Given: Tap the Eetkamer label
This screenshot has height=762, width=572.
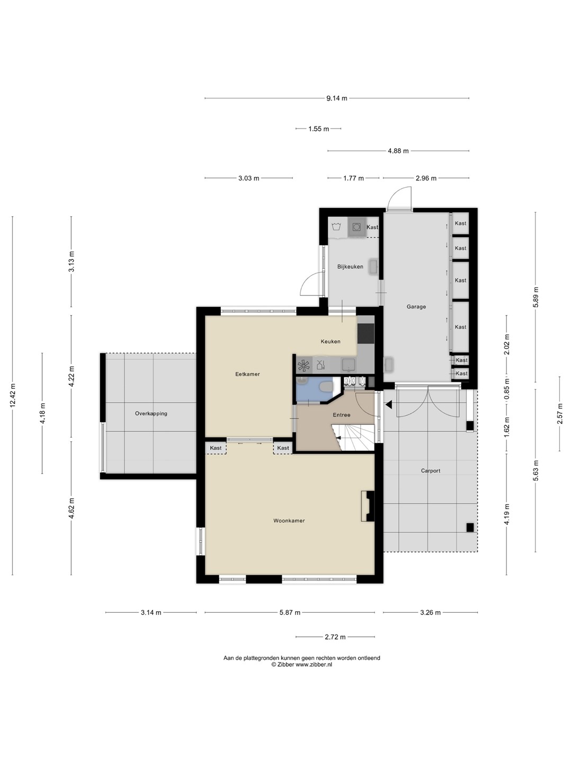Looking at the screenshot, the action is (248, 374).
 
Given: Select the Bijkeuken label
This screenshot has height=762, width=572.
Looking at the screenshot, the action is (350, 267).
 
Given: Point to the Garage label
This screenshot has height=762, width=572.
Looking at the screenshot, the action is (416, 306).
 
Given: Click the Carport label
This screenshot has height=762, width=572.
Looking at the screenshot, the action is (431, 471).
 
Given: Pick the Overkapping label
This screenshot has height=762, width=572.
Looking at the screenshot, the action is (151, 413).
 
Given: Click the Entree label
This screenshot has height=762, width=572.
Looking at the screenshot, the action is (342, 415).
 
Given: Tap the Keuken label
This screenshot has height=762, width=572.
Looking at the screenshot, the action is (330, 341).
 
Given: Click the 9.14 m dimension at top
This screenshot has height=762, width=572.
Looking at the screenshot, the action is (336, 98).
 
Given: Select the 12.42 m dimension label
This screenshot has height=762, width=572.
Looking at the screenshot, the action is (13, 395).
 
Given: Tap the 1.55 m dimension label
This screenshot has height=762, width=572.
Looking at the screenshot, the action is (318, 129).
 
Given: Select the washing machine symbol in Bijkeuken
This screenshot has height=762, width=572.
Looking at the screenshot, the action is (356, 227).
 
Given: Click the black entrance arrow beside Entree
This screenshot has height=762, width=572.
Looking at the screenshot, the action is (389, 404).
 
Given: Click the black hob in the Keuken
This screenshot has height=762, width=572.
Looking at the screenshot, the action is (365, 333).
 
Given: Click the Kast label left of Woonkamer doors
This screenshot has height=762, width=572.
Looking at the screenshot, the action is (216, 448).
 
